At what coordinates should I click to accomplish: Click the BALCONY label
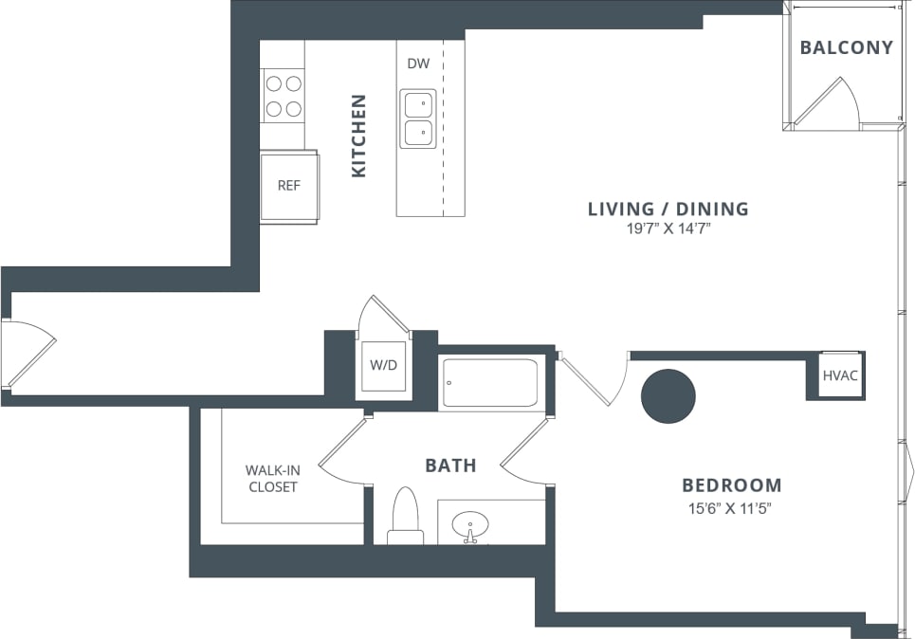pyautogui.click(x=846, y=47)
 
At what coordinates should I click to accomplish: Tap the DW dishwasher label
pyautogui.click(x=418, y=64)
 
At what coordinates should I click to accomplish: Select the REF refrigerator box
pyautogui.click(x=288, y=186)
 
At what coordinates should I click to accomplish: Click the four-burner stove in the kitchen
pyautogui.click(x=283, y=96)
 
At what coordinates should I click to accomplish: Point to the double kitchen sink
pyautogui.click(x=417, y=119)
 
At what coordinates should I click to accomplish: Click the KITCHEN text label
pyautogui.click(x=358, y=135)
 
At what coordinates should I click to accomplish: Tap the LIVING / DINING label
pyautogui.click(x=668, y=209)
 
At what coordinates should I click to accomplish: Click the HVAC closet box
pyautogui.click(x=839, y=375)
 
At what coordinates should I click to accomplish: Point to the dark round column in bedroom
pyautogui.click(x=668, y=395)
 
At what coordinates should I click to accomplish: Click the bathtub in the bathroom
pyautogui.click(x=489, y=383)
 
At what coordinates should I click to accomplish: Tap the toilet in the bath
pyautogui.click(x=405, y=517)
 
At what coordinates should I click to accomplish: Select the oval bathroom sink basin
pyautogui.click(x=469, y=524)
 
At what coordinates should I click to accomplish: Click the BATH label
pyautogui.click(x=450, y=466)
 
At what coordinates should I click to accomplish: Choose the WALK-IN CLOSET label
pyautogui.click(x=272, y=478)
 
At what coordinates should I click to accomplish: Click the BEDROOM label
pyautogui.click(x=732, y=485)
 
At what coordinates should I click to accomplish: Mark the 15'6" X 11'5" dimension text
pyautogui.click(x=731, y=508)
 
